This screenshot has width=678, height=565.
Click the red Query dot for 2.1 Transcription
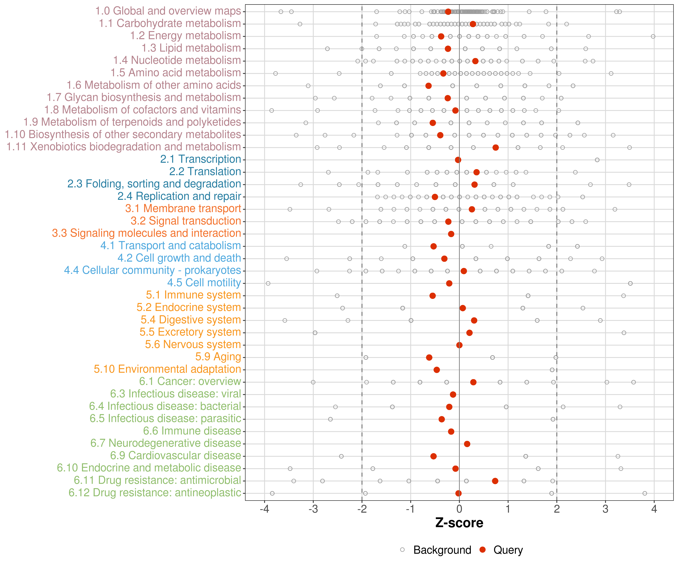pos(458,160)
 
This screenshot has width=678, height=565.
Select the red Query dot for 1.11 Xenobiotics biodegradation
pos(496,147)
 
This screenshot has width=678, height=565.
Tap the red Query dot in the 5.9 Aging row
pos(429,357)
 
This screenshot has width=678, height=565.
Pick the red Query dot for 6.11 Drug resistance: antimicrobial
pos(495,481)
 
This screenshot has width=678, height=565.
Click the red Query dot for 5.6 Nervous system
pos(459,345)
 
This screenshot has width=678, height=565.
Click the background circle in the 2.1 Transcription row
pos(597,160)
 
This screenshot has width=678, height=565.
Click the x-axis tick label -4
pos(264,509)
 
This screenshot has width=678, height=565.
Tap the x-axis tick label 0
pos(459,509)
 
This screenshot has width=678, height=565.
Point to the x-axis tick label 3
pos(605,509)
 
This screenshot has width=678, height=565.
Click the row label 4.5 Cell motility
pos(204,283)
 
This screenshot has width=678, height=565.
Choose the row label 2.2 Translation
pos(205,172)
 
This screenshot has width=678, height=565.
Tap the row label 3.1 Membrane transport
pos(183,208)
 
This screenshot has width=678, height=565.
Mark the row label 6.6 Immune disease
pos(192,431)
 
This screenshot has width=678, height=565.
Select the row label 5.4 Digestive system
pos(191,320)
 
